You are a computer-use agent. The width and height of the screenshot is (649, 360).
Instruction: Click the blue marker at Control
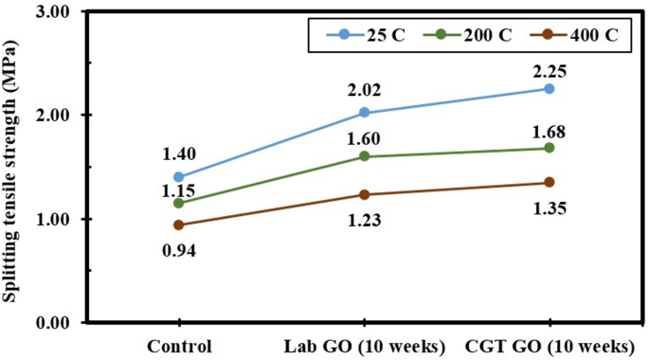click(179, 177)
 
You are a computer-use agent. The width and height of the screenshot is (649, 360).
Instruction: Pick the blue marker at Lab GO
click(365, 113)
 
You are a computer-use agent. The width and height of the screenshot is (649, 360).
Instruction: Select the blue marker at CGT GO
click(550, 89)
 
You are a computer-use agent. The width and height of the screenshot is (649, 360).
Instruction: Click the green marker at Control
click(179, 203)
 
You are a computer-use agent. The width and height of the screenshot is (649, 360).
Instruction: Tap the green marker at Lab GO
click(365, 156)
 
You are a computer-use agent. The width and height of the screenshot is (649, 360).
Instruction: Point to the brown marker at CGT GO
click(550, 182)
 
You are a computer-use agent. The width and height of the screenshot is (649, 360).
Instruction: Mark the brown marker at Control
click(179, 225)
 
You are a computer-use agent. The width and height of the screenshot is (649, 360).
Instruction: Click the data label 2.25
click(550, 66)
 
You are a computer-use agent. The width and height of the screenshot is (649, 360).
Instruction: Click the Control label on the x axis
click(179, 345)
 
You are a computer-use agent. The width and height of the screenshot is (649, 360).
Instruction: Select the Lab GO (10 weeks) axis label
click(365, 345)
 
